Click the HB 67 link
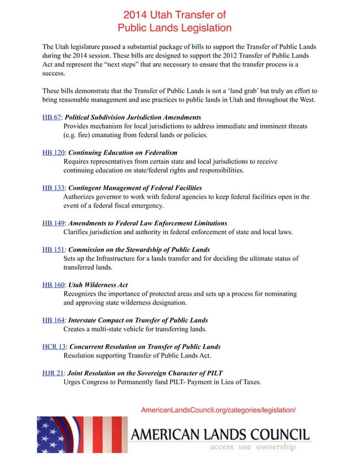(51, 117)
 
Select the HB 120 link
(52, 152)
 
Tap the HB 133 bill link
(52, 187)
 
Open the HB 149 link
(52, 223)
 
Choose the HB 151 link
(52, 249)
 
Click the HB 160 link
(52, 285)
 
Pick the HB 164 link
(52, 320)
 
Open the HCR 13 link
(54, 346)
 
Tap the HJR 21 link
(53, 373)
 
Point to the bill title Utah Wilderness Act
(98, 285)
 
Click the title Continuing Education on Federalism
(122, 152)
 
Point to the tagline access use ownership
(252, 447)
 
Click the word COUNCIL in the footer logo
(279, 434)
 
